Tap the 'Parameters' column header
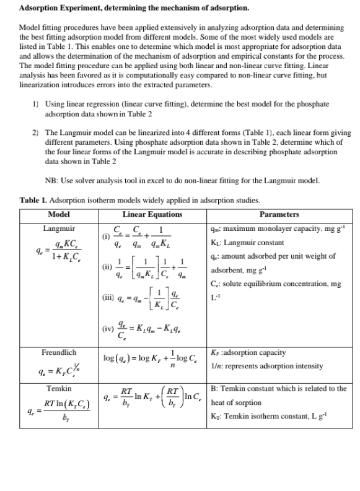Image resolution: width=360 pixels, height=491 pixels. pos(279,214)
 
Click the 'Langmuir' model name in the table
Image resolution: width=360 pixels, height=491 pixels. pos(58,228)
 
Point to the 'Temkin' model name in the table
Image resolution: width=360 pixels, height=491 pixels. pos(58,389)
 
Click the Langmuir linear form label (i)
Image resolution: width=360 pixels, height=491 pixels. pos(105,236)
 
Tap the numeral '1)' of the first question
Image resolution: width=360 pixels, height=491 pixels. pos(35,105)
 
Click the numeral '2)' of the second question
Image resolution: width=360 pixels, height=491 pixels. pos(35,133)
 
